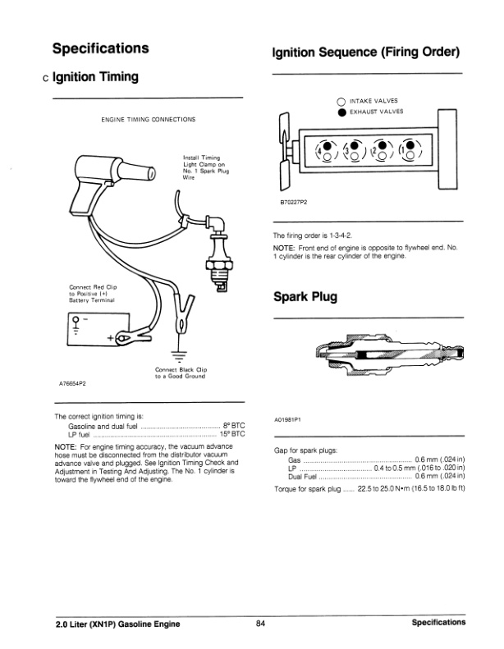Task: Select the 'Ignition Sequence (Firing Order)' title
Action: point(364,52)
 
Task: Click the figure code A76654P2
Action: point(74,384)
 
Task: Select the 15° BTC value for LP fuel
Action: point(233,434)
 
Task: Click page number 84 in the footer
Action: point(260,624)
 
